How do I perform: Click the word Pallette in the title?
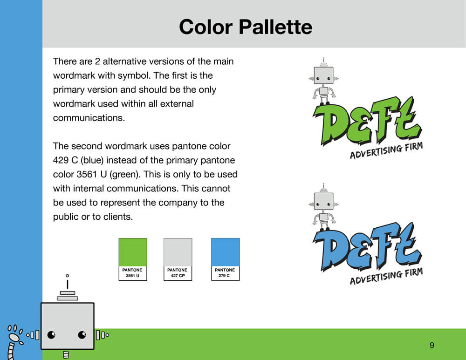275,27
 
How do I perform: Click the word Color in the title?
206,27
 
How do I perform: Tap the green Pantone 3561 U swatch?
133,259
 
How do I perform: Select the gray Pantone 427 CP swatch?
178,259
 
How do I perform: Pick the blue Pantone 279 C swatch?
225,259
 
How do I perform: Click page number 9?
432,345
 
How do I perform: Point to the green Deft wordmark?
367,121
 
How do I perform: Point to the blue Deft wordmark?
367,247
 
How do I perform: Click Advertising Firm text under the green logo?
386,150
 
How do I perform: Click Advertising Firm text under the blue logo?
386,276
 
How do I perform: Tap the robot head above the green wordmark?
324,75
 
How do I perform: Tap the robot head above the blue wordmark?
324,201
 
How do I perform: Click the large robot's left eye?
51,335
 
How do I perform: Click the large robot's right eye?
82,335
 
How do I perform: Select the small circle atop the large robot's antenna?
68,276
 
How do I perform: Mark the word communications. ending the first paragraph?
89,118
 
